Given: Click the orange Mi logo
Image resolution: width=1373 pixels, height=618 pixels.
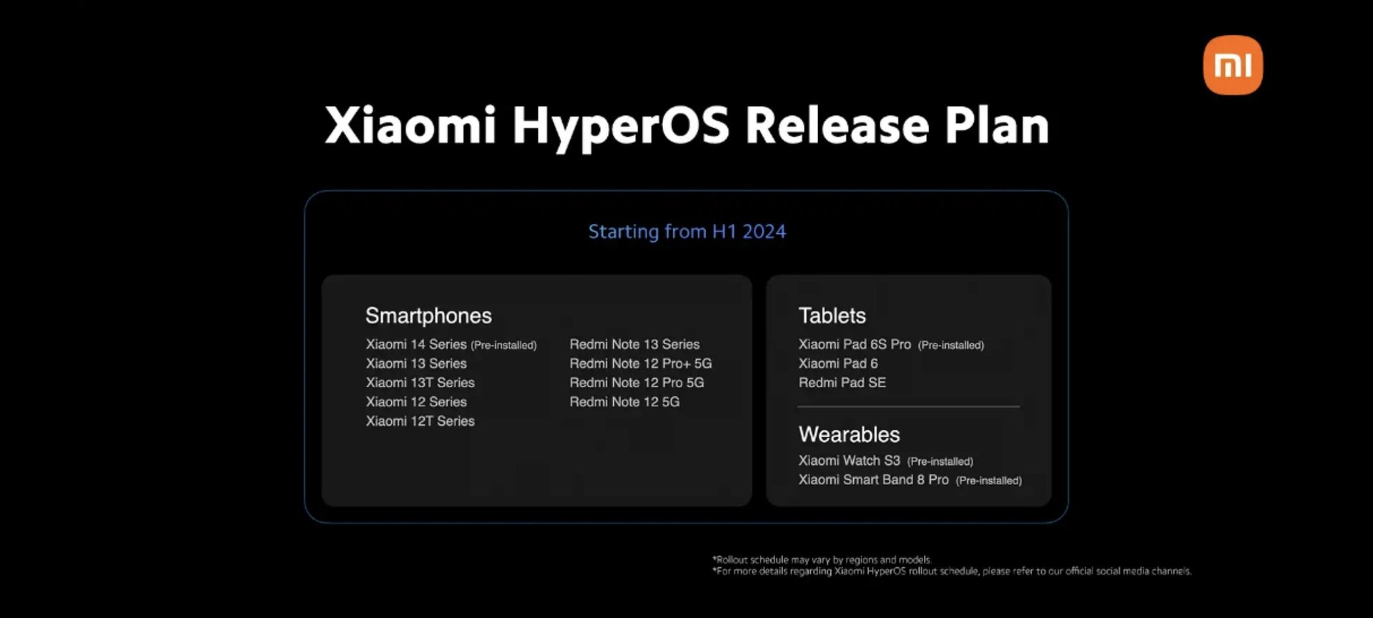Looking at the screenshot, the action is (1233, 65).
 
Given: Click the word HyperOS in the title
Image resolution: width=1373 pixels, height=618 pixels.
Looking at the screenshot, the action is (621, 127).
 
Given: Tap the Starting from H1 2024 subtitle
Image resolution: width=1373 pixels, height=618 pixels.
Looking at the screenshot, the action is (686, 232).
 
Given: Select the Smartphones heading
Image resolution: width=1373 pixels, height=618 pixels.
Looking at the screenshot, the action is (428, 315).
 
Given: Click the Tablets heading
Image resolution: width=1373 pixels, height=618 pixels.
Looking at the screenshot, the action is (832, 315).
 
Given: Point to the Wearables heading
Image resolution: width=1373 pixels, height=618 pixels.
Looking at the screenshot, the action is (849, 434).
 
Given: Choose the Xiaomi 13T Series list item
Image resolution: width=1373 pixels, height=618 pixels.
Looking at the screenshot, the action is (420, 383).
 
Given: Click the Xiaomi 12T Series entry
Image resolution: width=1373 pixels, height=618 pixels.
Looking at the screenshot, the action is (420, 421).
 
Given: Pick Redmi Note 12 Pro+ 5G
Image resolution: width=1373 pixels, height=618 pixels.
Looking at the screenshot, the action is (641, 363).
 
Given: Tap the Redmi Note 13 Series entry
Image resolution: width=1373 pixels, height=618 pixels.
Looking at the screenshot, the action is (634, 344).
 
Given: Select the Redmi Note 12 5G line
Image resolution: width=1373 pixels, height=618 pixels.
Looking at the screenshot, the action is (624, 402).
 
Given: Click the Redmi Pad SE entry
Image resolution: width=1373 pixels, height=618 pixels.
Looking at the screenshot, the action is (842, 383).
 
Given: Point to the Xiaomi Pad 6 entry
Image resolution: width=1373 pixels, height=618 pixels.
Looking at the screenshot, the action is (838, 363).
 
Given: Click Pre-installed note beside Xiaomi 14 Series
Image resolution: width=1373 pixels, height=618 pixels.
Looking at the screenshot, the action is (503, 345).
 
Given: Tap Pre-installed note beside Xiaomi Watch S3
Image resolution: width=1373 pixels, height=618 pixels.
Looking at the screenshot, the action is (940, 461).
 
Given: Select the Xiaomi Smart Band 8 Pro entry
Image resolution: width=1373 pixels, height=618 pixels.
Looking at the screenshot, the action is (873, 480).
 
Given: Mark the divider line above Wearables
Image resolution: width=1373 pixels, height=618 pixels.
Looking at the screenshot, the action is (908, 406).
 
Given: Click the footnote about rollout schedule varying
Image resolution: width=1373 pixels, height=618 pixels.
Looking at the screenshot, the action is (822, 560).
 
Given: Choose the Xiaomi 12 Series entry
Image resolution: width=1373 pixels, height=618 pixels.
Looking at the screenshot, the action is (416, 402).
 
